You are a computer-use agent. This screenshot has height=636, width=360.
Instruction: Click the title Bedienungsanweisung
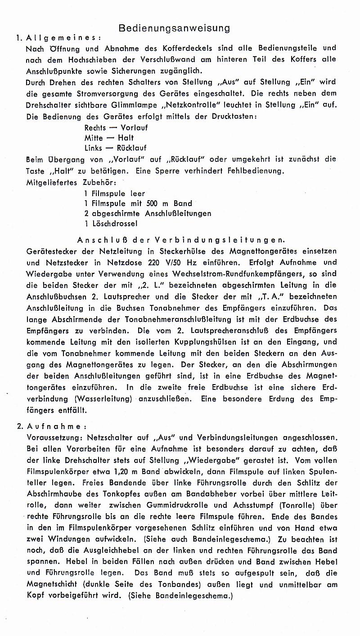point(174,28)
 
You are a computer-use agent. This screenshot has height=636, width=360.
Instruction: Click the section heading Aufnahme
point(53,426)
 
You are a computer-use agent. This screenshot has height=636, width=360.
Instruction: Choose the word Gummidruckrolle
point(183,505)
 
